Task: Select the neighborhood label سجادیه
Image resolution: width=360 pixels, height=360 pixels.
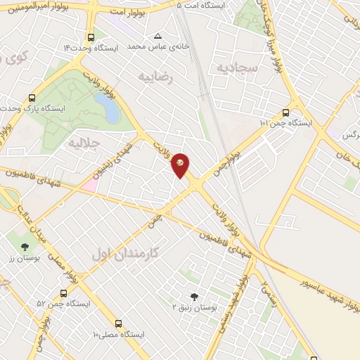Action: point(259,67)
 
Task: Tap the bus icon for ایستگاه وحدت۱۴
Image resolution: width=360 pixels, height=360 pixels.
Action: point(91,37)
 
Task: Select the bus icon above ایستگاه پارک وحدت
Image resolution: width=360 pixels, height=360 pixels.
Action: point(32,98)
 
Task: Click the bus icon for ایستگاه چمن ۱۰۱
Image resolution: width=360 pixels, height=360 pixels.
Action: point(285,112)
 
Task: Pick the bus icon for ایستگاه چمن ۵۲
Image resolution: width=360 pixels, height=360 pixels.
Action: point(64,293)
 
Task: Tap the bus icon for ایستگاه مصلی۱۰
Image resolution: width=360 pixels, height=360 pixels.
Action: point(117,323)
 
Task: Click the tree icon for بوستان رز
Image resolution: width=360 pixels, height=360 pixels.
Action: point(26,247)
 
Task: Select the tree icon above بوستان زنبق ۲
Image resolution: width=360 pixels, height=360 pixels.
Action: point(195,297)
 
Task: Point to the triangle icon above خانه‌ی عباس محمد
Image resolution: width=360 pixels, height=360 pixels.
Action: point(157,36)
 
